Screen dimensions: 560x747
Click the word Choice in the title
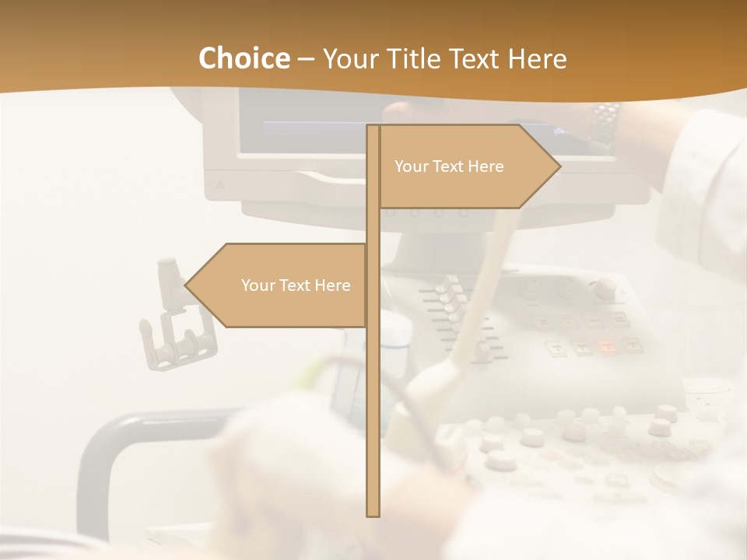[244, 58]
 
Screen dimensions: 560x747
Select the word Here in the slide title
[537, 58]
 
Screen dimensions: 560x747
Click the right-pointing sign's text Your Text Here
[449, 166]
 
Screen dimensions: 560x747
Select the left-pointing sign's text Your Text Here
[296, 285]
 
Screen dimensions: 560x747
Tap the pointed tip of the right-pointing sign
[559, 166]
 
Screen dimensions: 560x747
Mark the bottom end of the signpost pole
[373, 514]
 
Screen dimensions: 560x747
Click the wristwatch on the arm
[604, 124]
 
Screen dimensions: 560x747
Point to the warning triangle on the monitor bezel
[219, 186]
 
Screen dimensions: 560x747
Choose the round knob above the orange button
[605, 289]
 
